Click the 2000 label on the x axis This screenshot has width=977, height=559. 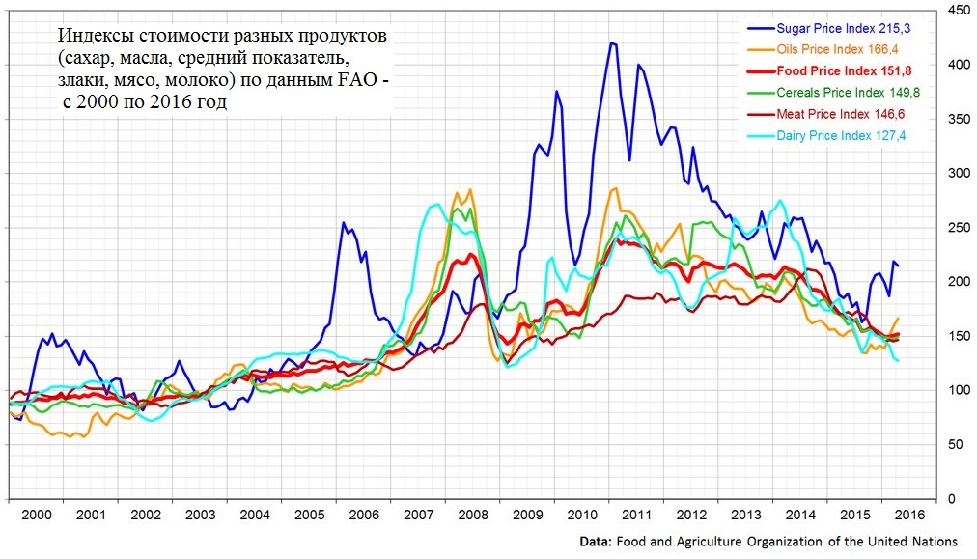[x=36, y=516]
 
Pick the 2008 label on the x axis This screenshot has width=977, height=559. [x=473, y=516]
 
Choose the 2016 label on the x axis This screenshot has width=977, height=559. [x=909, y=516]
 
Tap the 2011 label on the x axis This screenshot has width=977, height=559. [x=637, y=516]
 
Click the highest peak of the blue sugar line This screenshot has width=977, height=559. [x=612, y=42]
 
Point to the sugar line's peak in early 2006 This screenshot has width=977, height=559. [x=344, y=223]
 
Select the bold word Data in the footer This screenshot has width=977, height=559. [x=594, y=541]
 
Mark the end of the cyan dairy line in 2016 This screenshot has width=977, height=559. [x=898, y=360]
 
